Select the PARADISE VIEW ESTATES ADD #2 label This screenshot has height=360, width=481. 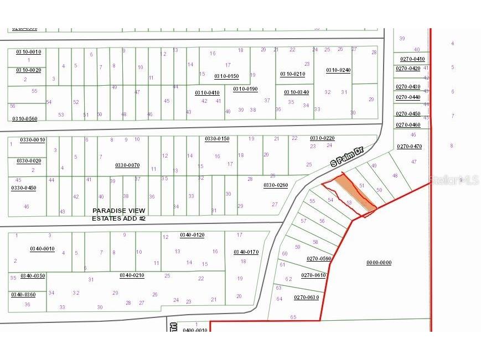119,215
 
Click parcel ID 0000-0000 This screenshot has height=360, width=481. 379,263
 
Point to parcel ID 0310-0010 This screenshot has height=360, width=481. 28,52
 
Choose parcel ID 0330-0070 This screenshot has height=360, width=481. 127,165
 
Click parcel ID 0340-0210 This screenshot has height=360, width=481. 132,275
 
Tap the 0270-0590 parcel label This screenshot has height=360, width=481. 319,259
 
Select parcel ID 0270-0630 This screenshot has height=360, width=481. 307,298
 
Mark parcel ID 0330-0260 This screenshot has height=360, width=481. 276,185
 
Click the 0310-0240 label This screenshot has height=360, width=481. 338,70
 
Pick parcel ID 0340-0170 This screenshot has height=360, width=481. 246,252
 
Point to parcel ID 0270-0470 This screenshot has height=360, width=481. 409,147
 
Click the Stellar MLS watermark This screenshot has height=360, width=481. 454,180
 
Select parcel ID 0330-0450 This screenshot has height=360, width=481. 24,188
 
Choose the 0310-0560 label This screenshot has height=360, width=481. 24,118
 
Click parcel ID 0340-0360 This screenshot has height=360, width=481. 23,295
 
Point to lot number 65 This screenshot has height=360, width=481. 293,317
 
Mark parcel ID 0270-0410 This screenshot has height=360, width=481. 410,59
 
